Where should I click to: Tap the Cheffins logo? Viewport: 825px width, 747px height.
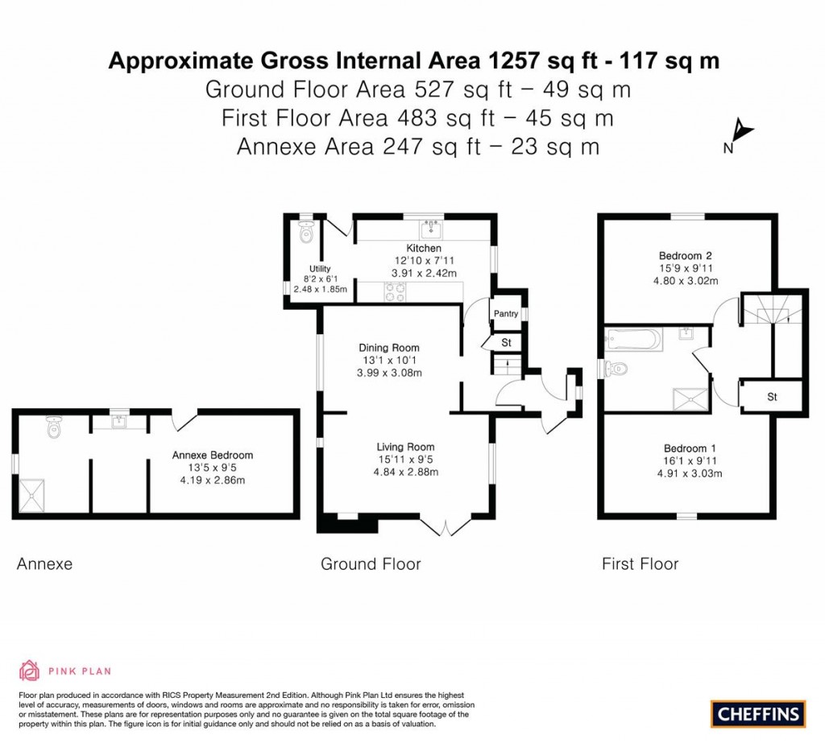click(x=758, y=712)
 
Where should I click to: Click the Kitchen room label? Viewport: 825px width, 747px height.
click(x=423, y=248)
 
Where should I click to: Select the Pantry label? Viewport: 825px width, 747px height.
click(x=506, y=314)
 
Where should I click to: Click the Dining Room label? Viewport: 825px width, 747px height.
click(x=389, y=348)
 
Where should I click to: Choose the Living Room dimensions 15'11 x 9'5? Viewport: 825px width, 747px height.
click(x=406, y=460)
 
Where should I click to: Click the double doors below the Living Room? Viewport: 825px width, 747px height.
click(x=445, y=527)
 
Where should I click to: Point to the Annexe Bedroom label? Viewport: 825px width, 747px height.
click(x=213, y=455)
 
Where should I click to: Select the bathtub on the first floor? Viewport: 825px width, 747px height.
click(x=633, y=340)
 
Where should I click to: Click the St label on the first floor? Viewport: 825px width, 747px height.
click(x=772, y=397)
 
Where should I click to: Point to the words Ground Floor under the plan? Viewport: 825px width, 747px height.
click(x=371, y=564)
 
